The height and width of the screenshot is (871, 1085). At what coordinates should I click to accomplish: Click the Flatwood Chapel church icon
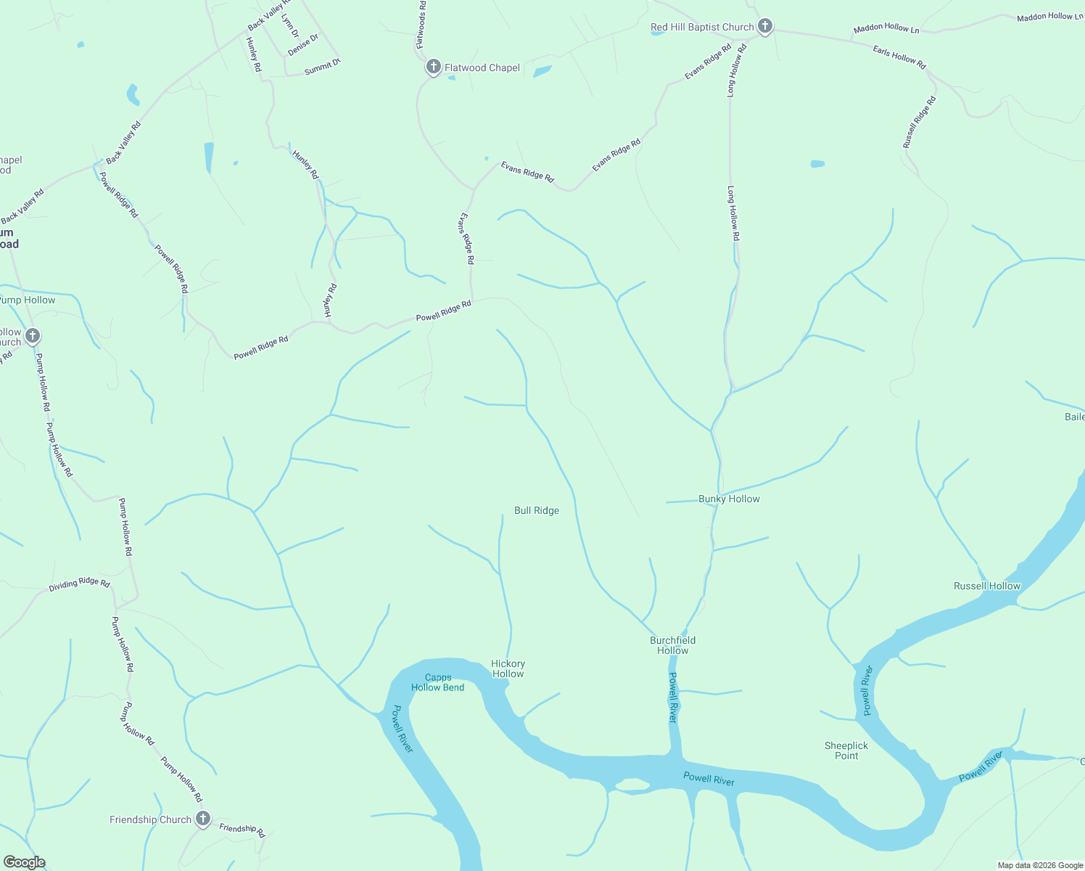[x=433, y=68]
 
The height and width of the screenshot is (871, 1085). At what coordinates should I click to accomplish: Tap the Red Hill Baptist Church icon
[x=764, y=27]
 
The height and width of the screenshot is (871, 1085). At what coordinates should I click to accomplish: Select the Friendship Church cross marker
[x=203, y=819]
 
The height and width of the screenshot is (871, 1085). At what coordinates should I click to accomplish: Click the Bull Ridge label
[x=537, y=510]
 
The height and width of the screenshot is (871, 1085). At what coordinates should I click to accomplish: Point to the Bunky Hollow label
[x=729, y=499]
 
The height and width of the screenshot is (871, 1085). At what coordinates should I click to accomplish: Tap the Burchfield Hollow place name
[x=672, y=645]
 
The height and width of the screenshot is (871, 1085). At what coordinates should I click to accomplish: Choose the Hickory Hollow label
[x=508, y=668]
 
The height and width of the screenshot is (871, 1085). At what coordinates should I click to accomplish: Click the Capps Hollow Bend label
[x=438, y=682]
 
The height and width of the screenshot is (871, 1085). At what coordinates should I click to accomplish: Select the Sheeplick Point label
[x=846, y=751]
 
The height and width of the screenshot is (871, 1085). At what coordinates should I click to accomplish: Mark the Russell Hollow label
[x=986, y=586]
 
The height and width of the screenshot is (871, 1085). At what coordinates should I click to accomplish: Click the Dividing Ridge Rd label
[x=79, y=584]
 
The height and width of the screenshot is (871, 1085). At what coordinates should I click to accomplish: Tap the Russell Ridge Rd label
[x=919, y=123]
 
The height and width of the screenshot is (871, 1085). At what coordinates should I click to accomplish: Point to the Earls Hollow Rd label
[x=899, y=57]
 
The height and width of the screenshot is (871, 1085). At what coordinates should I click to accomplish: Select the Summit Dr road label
[x=322, y=68]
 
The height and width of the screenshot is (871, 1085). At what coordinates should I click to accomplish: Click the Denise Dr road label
[x=302, y=45]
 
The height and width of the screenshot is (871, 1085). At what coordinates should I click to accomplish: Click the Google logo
[x=24, y=862]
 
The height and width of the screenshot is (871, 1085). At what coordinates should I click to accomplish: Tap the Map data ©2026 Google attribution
[x=1040, y=865]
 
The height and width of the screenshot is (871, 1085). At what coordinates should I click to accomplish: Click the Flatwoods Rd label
[x=421, y=25]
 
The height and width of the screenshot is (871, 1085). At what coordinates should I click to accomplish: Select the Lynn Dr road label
[x=289, y=25]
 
